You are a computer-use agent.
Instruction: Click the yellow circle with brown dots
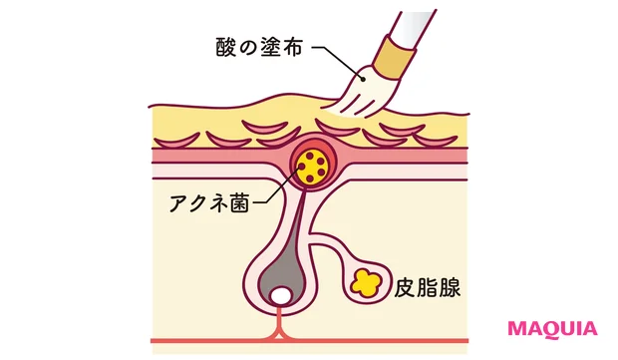(314, 167)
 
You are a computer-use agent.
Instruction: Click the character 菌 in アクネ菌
(240, 200)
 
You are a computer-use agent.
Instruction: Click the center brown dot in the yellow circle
(314, 167)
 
